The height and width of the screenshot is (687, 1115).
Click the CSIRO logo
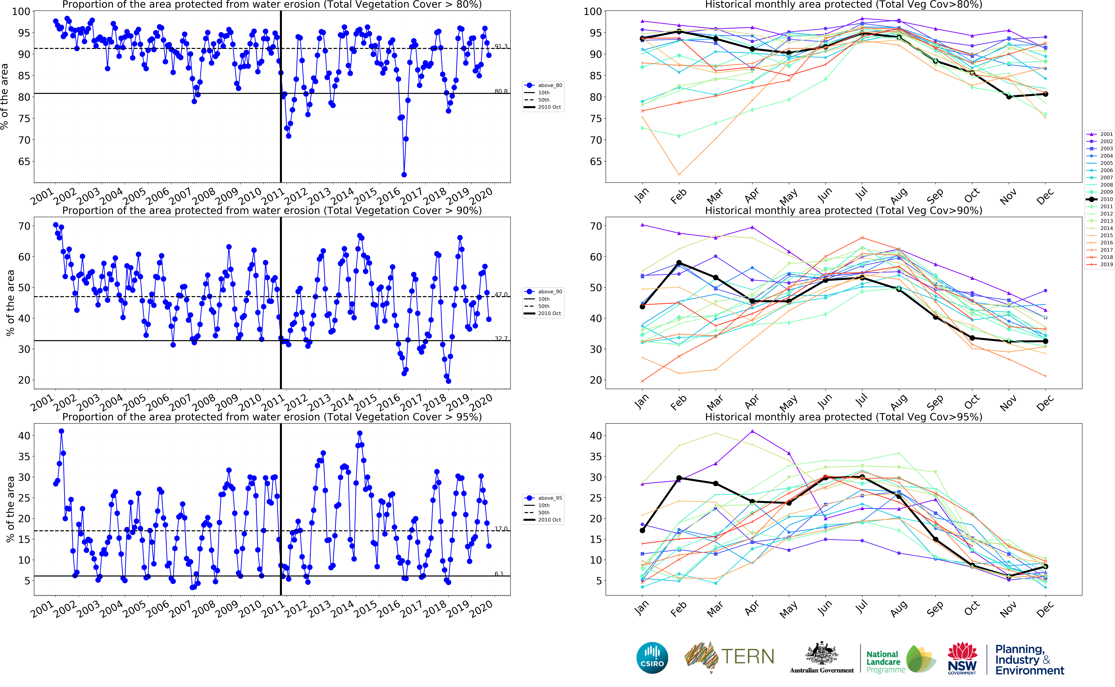pyautogui.click(x=652, y=657)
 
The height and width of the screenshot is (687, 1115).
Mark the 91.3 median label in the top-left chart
pyautogui.click(x=501, y=46)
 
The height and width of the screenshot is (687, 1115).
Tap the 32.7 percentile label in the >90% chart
pyautogui.click(x=501, y=339)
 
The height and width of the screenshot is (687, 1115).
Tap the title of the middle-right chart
pyautogui.click(x=843, y=210)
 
